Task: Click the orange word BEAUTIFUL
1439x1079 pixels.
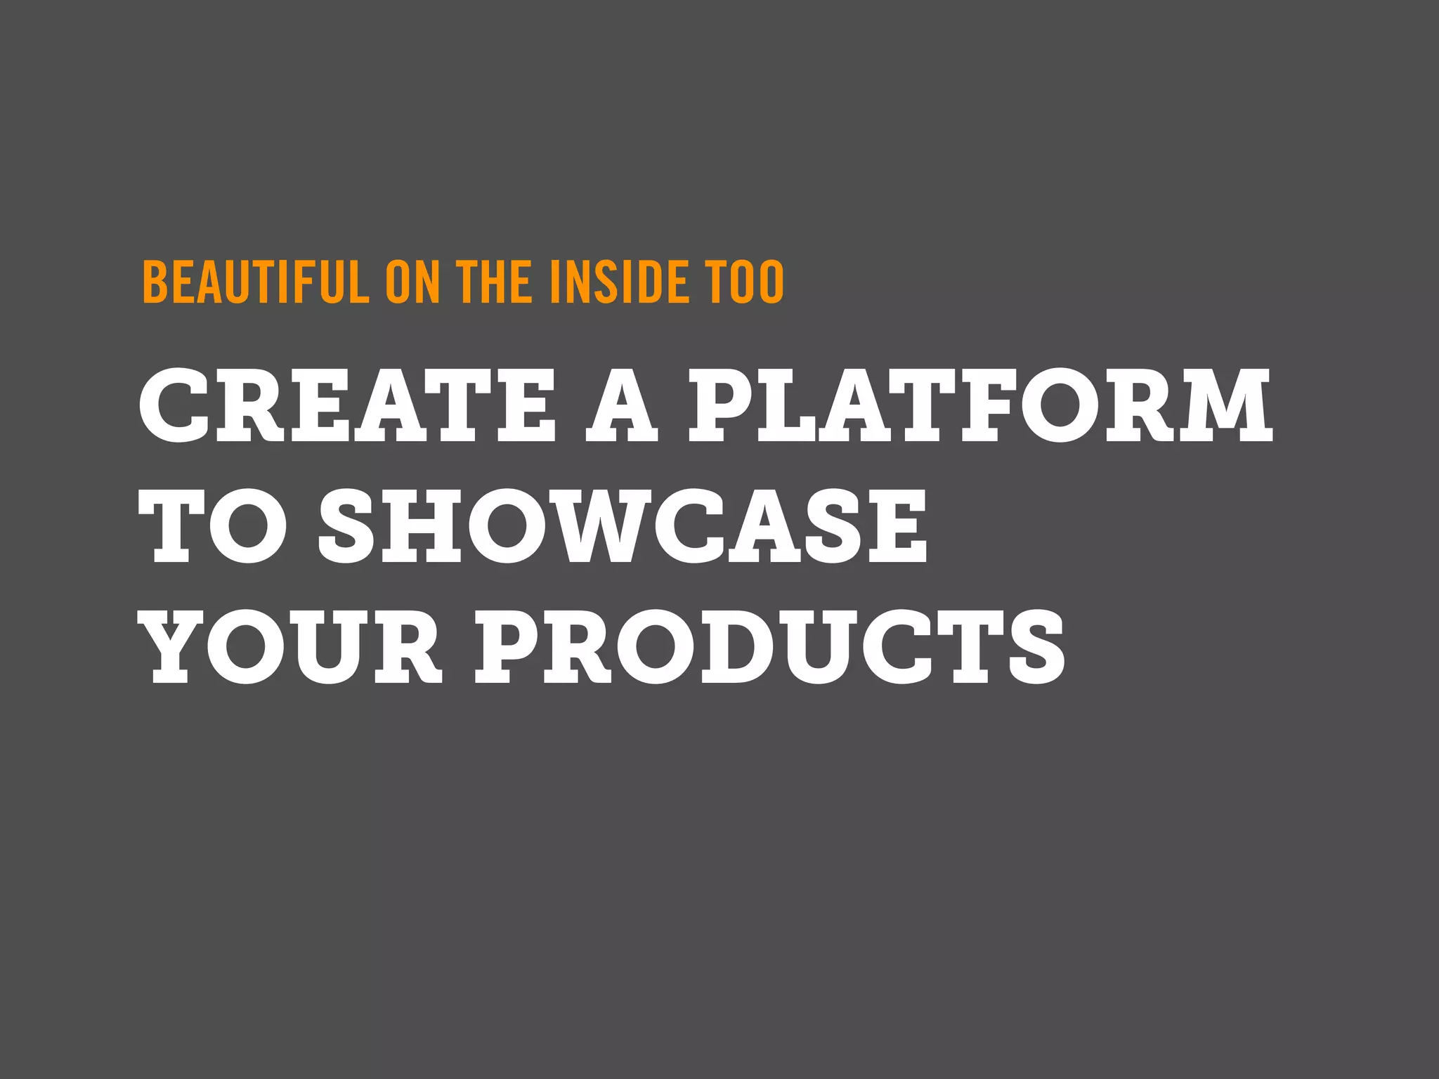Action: click(255, 282)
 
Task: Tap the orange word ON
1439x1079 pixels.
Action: click(412, 282)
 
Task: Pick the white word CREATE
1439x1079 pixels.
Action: click(348, 405)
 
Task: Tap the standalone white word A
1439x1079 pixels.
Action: click(622, 405)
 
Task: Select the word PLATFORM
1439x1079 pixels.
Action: click(980, 405)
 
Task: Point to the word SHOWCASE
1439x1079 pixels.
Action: click(623, 526)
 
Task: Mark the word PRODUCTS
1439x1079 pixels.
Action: click(769, 647)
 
